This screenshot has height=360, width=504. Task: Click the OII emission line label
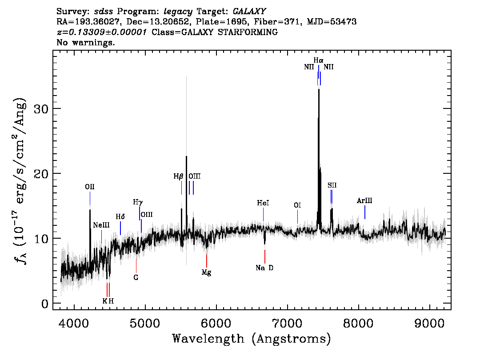[90, 187]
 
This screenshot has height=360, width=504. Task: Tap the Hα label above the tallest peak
[318, 60]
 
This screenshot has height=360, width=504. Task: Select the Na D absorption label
[264, 268]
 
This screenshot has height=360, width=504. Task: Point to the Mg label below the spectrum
[206, 272]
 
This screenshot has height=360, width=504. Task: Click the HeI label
[263, 203]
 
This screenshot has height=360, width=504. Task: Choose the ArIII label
[364, 200]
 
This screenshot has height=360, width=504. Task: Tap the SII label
[332, 185]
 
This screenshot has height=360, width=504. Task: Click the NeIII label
[101, 225]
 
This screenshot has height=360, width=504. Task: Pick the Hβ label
[178, 176]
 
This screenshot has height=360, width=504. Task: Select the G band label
[136, 277]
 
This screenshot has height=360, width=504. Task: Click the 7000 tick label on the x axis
[288, 323]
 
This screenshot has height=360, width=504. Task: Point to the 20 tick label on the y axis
[41, 174]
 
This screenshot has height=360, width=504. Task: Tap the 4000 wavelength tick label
[74, 323]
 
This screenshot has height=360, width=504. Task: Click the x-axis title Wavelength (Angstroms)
[252, 339]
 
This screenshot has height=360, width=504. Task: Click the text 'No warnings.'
[85, 42]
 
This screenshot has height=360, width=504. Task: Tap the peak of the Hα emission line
[319, 89]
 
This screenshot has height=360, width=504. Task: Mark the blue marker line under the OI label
[298, 216]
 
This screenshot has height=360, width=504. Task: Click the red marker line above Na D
[264, 256]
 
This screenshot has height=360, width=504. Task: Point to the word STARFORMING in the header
[248, 32]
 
